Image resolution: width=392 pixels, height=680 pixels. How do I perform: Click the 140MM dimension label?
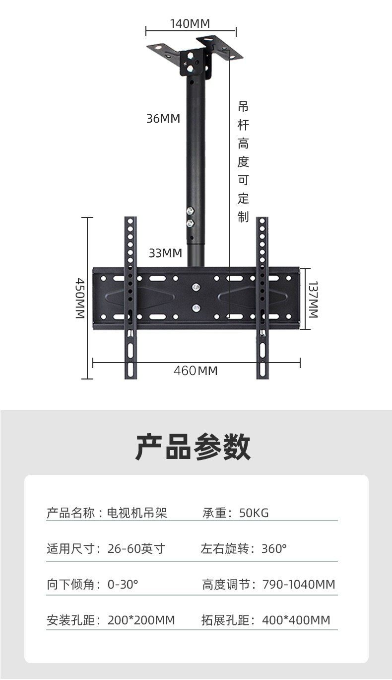[190, 23]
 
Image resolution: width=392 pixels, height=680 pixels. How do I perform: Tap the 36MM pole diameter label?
[163, 119]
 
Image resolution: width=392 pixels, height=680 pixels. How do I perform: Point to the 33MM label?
[165, 253]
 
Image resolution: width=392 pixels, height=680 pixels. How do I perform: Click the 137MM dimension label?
[314, 299]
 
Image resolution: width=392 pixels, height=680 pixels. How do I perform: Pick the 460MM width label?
[196, 371]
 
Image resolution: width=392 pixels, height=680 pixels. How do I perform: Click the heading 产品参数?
[194, 447]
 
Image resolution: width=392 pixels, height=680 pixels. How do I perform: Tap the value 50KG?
[254, 513]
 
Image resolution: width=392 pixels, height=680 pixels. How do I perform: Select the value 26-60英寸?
[136, 548]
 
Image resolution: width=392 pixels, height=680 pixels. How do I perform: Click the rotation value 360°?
[274, 548]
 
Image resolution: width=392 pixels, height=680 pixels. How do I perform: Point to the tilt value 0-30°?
[123, 584]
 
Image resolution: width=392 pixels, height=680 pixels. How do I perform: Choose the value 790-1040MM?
[298, 584]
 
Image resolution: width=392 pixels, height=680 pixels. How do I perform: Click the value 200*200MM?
[141, 620]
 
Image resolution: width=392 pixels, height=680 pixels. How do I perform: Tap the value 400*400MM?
[296, 620]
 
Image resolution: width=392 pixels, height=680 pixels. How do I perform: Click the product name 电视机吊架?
[137, 513]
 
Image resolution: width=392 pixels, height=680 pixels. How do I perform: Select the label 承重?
[214, 513]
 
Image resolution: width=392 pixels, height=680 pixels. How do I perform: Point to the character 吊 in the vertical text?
[243, 106]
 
